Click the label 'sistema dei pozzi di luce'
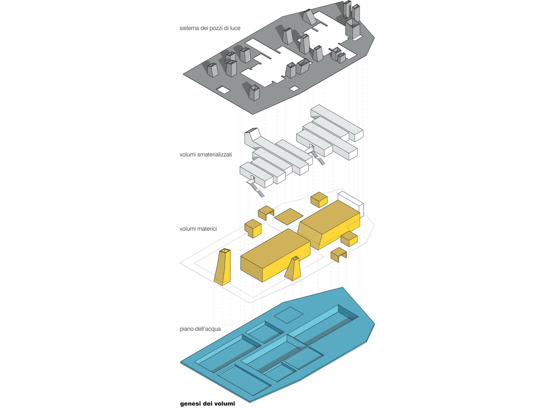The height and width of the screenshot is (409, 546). pyautogui.click(x=210, y=28)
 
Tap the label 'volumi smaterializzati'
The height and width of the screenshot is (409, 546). pyautogui.click(x=206, y=155)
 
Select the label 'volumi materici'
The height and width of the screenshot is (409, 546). pyautogui.click(x=198, y=229)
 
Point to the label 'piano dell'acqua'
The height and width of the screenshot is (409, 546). pyautogui.click(x=200, y=329)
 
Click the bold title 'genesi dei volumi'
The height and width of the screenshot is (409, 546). pyautogui.click(x=207, y=404)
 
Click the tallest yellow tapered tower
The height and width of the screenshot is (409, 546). pyautogui.click(x=222, y=267)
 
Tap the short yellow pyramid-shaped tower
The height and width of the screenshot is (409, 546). pyautogui.click(x=293, y=269)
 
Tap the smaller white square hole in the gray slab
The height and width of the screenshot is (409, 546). pyautogui.click(x=294, y=88)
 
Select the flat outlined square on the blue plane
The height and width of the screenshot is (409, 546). pyautogui.click(x=289, y=315)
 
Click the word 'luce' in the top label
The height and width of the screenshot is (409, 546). pyautogui.click(x=235, y=28)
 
